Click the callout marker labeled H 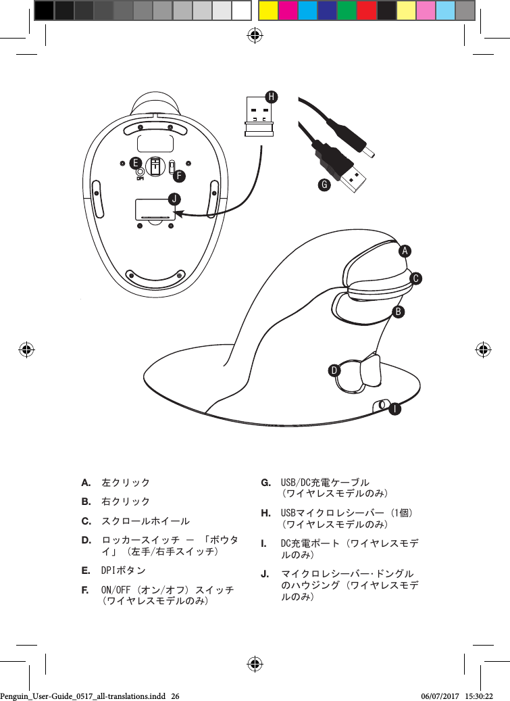[271, 97]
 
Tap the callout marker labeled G [324, 184]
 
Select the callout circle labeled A [404, 251]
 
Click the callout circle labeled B [399, 312]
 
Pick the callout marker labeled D [334, 370]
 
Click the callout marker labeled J [175, 199]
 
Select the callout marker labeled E [136, 163]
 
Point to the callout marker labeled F [179, 176]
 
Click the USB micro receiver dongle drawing [257, 116]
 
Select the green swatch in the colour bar [347, 10]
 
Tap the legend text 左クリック [126, 484]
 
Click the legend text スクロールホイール [145, 521]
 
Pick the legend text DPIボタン [124, 571]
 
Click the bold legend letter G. [266, 483]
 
